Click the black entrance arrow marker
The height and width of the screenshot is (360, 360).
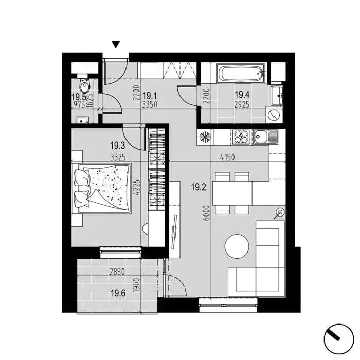click(x=116, y=45)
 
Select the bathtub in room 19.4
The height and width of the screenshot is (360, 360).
click(x=241, y=74)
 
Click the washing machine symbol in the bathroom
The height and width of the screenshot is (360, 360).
click(x=274, y=114)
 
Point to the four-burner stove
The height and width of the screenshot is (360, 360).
click(x=241, y=137)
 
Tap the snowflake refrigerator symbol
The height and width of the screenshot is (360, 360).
click(x=205, y=137)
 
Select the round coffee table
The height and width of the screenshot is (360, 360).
click(x=237, y=246)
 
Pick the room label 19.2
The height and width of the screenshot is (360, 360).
click(x=199, y=187)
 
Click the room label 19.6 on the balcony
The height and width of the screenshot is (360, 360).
click(x=118, y=293)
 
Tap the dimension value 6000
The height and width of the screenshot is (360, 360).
click(x=207, y=213)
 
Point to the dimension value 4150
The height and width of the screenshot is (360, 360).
click(x=227, y=157)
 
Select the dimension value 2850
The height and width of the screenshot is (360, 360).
click(x=117, y=272)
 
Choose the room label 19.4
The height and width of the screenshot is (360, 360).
click(x=242, y=94)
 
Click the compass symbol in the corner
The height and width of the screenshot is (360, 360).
click(x=338, y=339)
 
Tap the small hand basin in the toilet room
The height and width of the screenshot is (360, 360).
click(x=82, y=120)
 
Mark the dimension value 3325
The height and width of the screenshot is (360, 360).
click(x=118, y=157)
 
